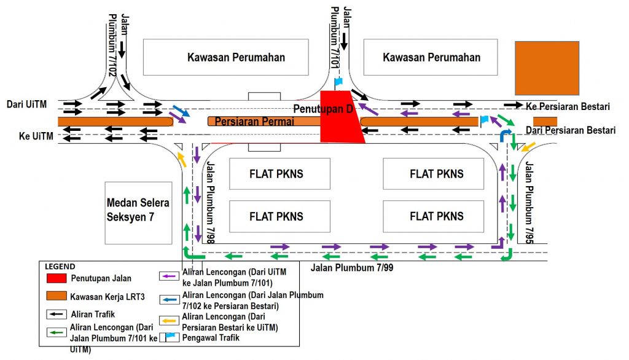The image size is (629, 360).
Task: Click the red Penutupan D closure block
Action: pyautogui.click(x=340, y=120)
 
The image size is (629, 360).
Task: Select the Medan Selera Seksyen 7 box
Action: pyautogui.click(x=138, y=212)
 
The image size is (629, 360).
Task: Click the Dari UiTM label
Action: pyautogui.click(x=26, y=105)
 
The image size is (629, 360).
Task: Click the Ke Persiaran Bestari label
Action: pyautogui.click(x=568, y=106)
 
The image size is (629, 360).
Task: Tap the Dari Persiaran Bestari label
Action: pyautogui.click(x=570, y=130)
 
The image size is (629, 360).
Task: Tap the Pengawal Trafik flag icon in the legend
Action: pyautogui.click(x=169, y=337)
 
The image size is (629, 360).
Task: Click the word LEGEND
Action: pyautogui.click(x=60, y=267)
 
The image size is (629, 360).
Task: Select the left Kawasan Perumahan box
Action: pyautogui.click(x=226, y=57)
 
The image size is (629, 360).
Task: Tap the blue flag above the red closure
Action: pyautogui.click(x=338, y=82)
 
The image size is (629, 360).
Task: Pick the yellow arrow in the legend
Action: pyautogui.click(x=169, y=320)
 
